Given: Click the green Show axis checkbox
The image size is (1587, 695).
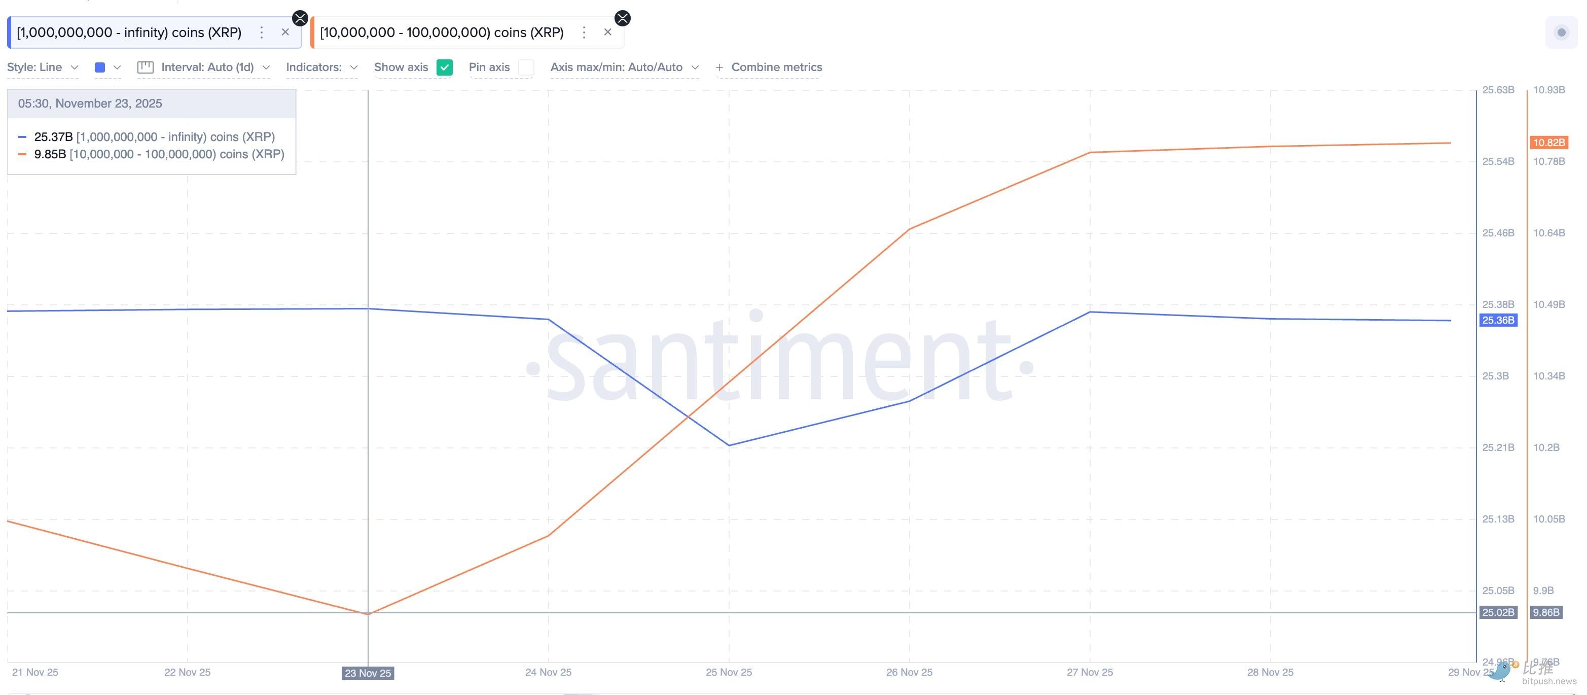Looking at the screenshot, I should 444,67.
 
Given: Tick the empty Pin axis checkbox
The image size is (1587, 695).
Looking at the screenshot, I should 525,67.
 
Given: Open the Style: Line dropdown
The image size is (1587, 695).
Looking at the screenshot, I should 42,67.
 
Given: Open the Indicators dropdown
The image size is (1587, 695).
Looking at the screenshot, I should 321,67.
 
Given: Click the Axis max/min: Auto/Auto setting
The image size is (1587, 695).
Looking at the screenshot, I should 624,67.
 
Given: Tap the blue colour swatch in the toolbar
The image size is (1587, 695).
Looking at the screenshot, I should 100,67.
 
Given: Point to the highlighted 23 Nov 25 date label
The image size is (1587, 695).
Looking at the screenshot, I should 368,673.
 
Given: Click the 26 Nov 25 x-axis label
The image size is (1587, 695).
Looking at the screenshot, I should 909,672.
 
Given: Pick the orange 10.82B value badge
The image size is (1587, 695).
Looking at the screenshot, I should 1549,143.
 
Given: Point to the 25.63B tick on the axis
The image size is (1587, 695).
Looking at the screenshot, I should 1498,90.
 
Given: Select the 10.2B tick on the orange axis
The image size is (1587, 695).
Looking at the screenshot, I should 1546,447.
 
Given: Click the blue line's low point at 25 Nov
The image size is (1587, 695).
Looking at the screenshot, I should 729,445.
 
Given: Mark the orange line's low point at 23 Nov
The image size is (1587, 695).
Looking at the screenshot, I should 368,614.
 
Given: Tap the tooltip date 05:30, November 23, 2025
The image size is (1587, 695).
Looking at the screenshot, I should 90,103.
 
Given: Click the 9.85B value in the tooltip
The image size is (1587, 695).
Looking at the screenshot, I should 50,154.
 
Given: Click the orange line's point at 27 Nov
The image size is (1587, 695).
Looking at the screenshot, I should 1090,152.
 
